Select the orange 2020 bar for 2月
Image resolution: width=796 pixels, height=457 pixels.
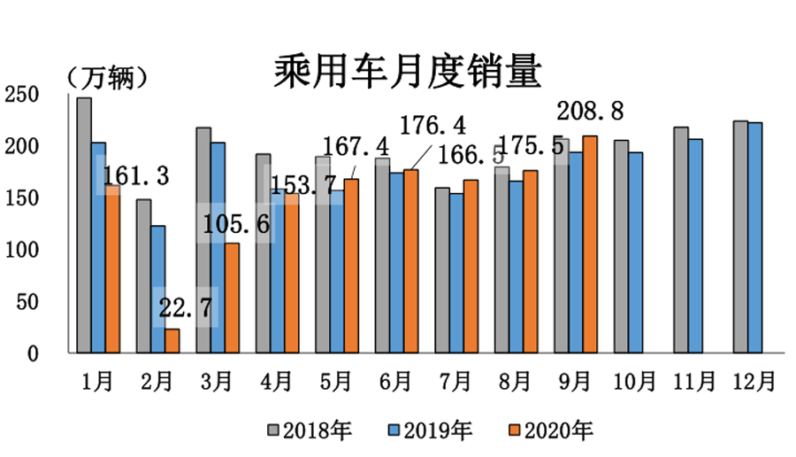(x=172, y=341)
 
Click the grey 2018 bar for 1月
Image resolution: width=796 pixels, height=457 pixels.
(x=84, y=225)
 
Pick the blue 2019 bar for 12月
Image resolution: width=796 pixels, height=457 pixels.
(x=754, y=237)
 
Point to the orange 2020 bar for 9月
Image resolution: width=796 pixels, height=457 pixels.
(x=591, y=244)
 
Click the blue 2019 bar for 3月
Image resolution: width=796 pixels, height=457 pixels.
(x=218, y=248)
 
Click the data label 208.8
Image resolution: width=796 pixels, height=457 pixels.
(x=589, y=112)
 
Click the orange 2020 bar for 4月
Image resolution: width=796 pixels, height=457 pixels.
(x=292, y=274)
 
